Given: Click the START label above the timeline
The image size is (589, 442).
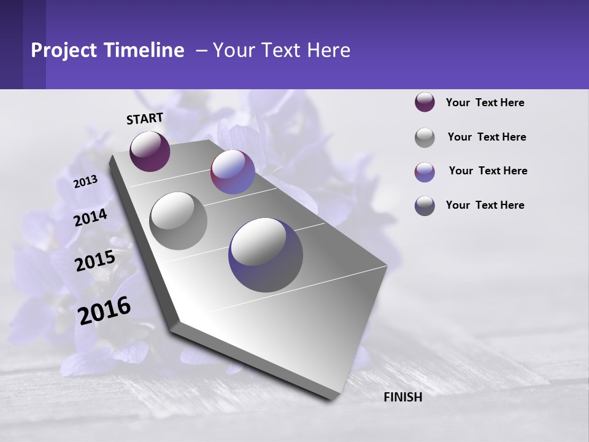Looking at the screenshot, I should (x=145, y=118).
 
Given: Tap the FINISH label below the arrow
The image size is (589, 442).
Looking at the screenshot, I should (x=402, y=397).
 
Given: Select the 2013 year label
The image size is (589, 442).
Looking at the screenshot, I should (x=86, y=181).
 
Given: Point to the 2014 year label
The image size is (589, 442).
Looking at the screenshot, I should (x=91, y=217).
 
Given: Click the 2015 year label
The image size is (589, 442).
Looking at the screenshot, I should (x=94, y=261).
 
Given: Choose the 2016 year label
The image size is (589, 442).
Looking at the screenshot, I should (x=104, y=310).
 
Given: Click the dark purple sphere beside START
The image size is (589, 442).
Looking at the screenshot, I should (x=150, y=151).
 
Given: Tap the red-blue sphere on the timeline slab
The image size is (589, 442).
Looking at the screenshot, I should (x=233, y=172).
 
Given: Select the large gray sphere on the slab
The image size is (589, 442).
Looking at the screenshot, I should (x=178, y=220).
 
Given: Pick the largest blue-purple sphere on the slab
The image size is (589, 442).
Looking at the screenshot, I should (x=266, y=255).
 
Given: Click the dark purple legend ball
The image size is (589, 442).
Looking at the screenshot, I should (x=425, y=103).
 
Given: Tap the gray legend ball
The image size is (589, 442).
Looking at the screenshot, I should (x=425, y=138).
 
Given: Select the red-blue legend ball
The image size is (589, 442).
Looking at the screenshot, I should (x=425, y=172).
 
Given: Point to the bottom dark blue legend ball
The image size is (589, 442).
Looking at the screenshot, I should (x=425, y=206).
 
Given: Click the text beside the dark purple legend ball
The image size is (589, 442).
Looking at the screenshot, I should (x=485, y=103).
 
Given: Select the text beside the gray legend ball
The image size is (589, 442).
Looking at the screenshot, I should (x=487, y=137).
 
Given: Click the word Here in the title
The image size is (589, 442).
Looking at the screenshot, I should (x=328, y=50).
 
